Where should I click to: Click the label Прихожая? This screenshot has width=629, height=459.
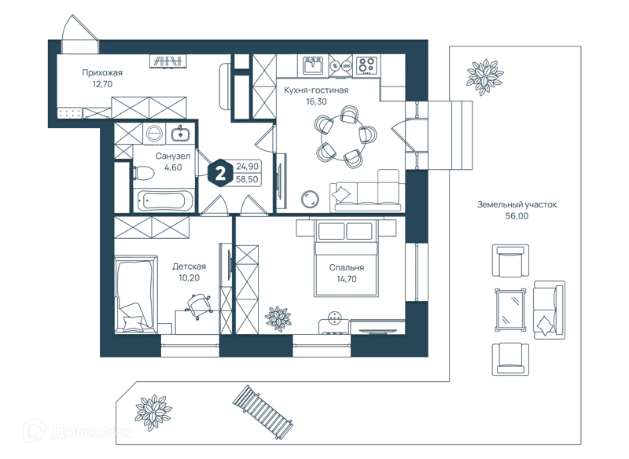[102, 72]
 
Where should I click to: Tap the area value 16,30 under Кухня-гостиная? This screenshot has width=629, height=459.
[316, 101]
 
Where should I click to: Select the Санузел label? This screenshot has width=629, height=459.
[172, 156]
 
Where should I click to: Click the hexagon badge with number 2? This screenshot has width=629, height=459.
[220, 174]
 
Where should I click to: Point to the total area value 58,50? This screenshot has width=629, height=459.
[247, 179]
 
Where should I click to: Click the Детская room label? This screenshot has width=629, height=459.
[189, 266]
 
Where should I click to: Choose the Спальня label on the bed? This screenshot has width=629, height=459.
[347, 268]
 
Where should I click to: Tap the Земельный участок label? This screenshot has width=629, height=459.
[517, 204]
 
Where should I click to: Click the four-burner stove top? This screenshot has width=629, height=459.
[366, 66]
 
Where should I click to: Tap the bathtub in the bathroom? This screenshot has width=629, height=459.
[164, 200]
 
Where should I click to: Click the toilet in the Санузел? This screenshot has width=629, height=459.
[144, 173]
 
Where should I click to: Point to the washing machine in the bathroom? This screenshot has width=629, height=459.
[153, 134]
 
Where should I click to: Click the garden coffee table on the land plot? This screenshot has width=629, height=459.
[510, 309]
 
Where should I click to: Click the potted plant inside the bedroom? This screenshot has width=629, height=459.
[278, 318]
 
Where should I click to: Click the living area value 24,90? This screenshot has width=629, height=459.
[247, 167]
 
